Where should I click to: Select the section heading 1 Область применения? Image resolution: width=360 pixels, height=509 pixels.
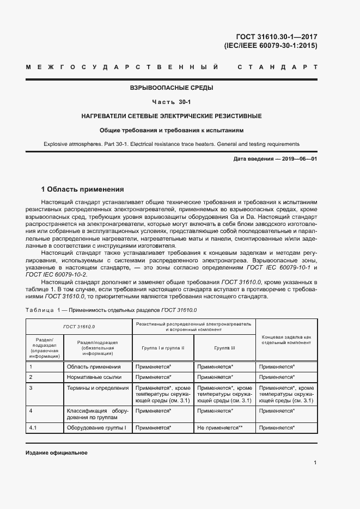click(83, 189)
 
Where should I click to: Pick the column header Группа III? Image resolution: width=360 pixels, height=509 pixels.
click(224, 347)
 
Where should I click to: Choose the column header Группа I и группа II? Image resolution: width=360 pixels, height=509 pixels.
click(163, 347)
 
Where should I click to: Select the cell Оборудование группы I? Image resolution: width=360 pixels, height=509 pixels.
click(96, 428)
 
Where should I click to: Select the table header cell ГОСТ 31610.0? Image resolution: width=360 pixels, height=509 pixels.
click(79, 326)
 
